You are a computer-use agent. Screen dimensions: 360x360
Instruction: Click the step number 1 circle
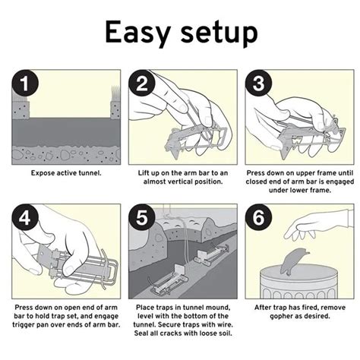coord(25,84)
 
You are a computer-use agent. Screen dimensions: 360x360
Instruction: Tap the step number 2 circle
coord(142,84)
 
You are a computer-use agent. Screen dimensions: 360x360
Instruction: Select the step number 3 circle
coord(258,84)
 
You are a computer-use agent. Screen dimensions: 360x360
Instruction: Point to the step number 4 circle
coord(25,217)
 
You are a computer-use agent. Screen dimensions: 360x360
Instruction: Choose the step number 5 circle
coord(142,217)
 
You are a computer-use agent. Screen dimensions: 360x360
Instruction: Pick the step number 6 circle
coord(258,217)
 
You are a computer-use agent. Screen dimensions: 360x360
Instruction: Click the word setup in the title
coord(219,33)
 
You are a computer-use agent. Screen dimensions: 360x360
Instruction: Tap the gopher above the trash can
coord(294,262)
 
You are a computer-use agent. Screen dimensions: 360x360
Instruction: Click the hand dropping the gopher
coord(317,224)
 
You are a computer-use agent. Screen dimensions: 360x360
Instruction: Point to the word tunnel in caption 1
coord(89,173)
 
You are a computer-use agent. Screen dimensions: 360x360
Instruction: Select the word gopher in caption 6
coord(281,317)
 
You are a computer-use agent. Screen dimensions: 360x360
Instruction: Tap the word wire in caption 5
coord(224,324)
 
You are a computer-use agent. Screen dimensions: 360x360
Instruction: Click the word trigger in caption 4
coord(24,325)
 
